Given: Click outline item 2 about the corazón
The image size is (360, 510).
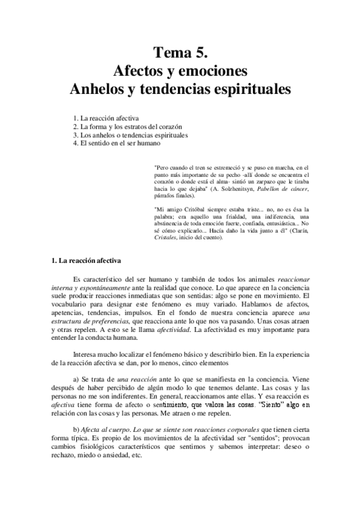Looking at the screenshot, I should (x=127, y=127).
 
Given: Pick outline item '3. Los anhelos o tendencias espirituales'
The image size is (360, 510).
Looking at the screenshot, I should (x=130, y=135).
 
